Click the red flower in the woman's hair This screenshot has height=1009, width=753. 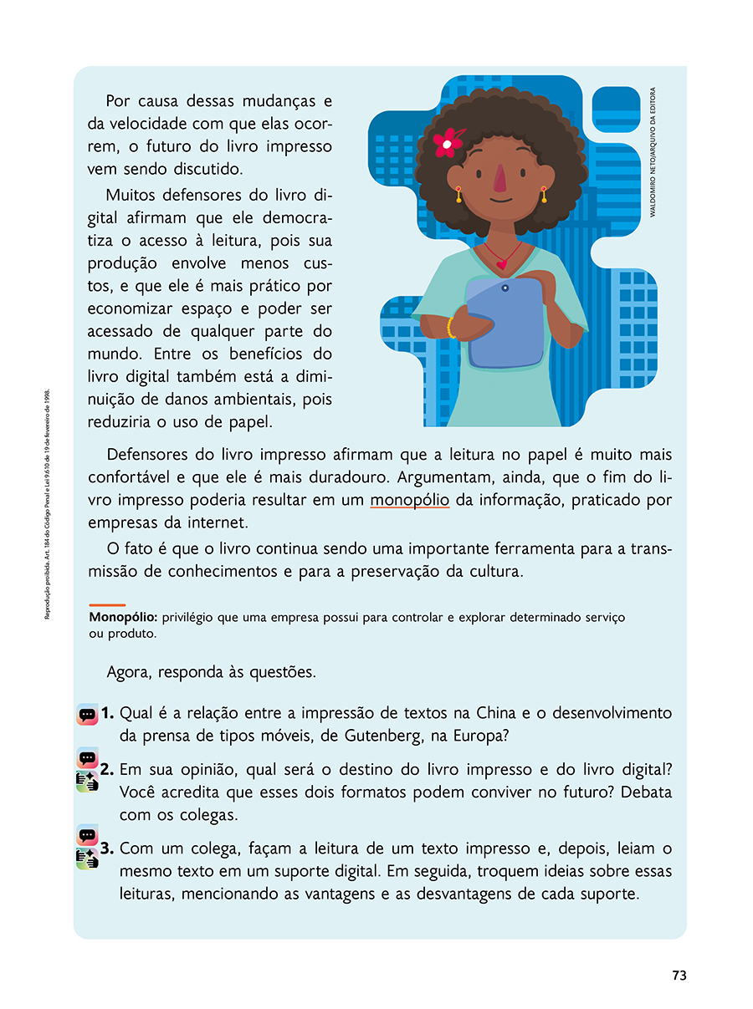[x=448, y=142]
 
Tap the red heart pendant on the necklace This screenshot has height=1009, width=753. [x=502, y=264]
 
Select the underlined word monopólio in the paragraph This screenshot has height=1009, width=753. [x=410, y=501]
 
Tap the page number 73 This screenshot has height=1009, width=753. [x=679, y=976]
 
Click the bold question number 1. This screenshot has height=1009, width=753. [x=108, y=713]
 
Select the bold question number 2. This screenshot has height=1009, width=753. [x=108, y=768]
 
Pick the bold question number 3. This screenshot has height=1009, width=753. [x=108, y=848]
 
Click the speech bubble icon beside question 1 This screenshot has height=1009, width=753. [x=87, y=715]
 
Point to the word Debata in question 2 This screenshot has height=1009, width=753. [x=643, y=791]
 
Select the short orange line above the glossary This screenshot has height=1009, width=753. [x=107, y=604]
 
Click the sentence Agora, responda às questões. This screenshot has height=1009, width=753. [x=212, y=672]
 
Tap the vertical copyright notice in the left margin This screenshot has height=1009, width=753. [x=48, y=503]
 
